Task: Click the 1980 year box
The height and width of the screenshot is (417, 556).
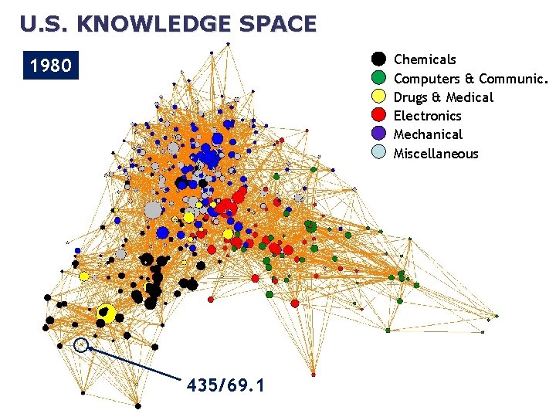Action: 51,66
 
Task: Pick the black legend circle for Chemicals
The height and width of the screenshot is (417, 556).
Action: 378,59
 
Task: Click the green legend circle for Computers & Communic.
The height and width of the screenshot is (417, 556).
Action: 378,78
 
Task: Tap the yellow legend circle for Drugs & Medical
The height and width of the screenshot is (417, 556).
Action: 378,97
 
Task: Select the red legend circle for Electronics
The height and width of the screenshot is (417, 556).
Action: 378,115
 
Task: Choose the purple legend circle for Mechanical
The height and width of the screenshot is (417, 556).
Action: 378,134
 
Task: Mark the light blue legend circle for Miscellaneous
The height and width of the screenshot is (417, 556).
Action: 378,153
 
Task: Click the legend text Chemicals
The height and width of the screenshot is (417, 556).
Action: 425,59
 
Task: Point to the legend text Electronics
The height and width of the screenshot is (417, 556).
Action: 427,116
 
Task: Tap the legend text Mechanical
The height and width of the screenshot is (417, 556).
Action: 428,134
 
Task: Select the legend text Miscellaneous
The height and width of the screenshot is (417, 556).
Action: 436,154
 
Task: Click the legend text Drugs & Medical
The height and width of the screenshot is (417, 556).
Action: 443,97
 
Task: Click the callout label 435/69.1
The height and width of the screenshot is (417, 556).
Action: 225,384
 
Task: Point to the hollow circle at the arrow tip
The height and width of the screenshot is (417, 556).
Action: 81,345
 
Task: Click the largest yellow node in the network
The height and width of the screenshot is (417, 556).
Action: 107,313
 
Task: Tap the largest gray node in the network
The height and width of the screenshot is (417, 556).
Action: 154,209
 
